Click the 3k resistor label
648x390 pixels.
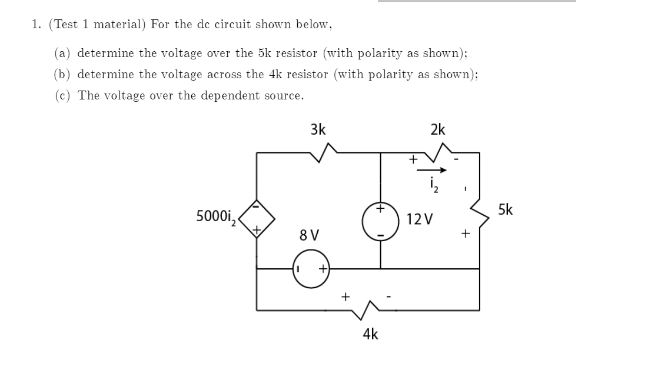[x=318, y=129]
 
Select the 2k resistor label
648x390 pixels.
[x=438, y=129]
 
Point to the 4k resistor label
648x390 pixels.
[x=371, y=334]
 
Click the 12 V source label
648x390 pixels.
[x=420, y=220]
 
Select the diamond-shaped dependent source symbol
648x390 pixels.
[x=256, y=218]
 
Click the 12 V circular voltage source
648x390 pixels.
[x=380, y=222]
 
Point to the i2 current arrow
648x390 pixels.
[x=433, y=171]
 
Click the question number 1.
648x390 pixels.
[x=36, y=24]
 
